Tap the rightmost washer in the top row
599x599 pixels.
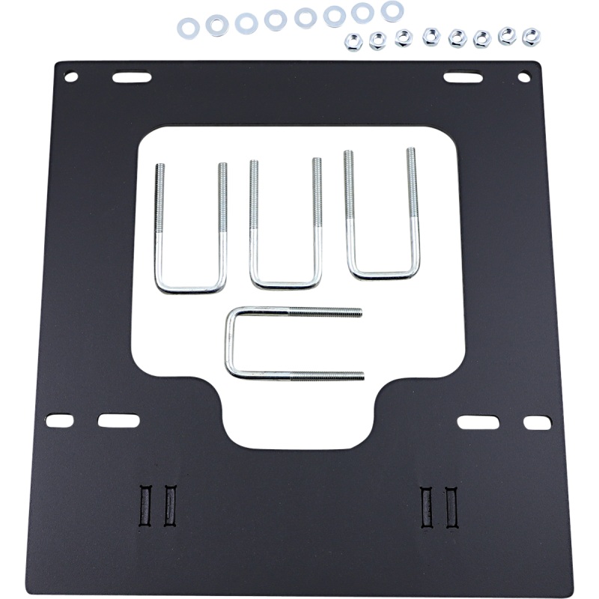[x=390, y=10]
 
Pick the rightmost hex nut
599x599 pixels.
[x=532, y=34]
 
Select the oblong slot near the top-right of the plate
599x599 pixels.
[x=463, y=77]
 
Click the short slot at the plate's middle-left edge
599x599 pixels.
[x=58, y=422]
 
